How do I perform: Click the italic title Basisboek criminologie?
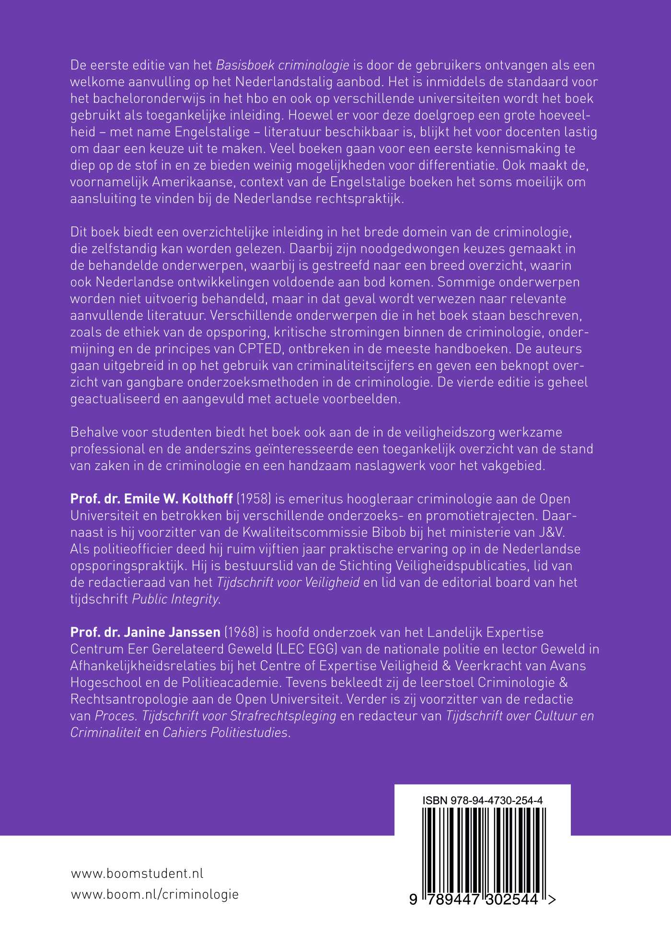(x=283, y=65)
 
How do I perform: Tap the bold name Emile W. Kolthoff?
(x=152, y=499)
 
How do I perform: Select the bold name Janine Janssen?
(x=146, y=632)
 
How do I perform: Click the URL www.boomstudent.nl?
(x=137, y=873)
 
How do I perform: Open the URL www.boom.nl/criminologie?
(x=154, y=894)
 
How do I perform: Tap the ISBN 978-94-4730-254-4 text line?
(x=483, y=800)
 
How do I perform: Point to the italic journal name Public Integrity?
(x=176, y=599)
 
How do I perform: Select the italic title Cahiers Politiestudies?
(x=226, y=732)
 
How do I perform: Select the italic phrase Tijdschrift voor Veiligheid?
(x=288, y=582)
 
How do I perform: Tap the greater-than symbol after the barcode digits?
(x=552, y=900)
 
